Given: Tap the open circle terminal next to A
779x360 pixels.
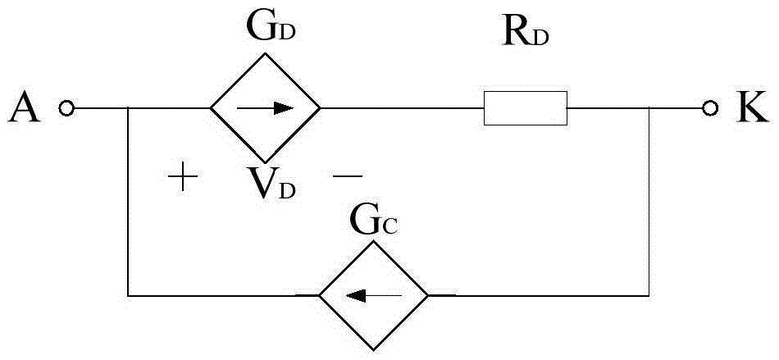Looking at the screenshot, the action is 66,107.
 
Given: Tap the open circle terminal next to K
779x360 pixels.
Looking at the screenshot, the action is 710,107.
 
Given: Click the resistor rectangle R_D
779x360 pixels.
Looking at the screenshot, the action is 525,107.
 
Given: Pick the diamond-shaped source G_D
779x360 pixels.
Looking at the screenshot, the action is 265,107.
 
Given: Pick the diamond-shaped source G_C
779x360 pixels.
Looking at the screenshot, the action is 373,296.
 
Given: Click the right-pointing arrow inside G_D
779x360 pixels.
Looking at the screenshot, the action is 265,107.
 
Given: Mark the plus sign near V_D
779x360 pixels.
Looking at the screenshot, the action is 183,176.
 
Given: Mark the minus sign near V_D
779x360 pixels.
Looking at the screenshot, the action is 348,175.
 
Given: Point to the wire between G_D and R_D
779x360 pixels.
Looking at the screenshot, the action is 402,107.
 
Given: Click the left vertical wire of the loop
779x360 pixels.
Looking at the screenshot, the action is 128,202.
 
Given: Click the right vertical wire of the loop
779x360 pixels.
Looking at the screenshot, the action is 649,202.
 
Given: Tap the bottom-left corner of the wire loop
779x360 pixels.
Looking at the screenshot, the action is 128,296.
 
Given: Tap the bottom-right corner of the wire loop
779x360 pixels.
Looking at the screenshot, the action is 649,296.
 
